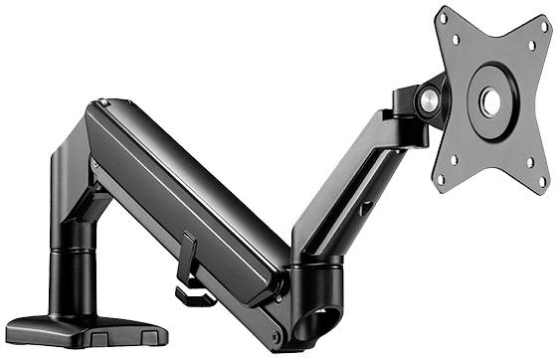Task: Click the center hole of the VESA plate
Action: click(x=490, y=102)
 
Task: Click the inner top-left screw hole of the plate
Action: click(x=457, y=41)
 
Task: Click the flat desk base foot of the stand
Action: click(x=70, y=328)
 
